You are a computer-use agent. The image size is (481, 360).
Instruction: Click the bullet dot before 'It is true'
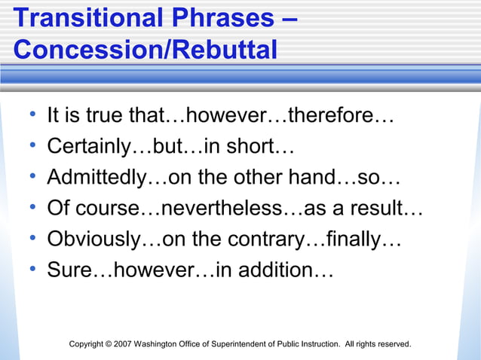click(32, 116)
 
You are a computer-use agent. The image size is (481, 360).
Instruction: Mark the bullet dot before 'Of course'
click(32, 208)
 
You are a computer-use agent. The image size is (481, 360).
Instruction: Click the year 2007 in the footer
click(123, 344)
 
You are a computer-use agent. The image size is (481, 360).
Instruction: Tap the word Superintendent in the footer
click(240, 344)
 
